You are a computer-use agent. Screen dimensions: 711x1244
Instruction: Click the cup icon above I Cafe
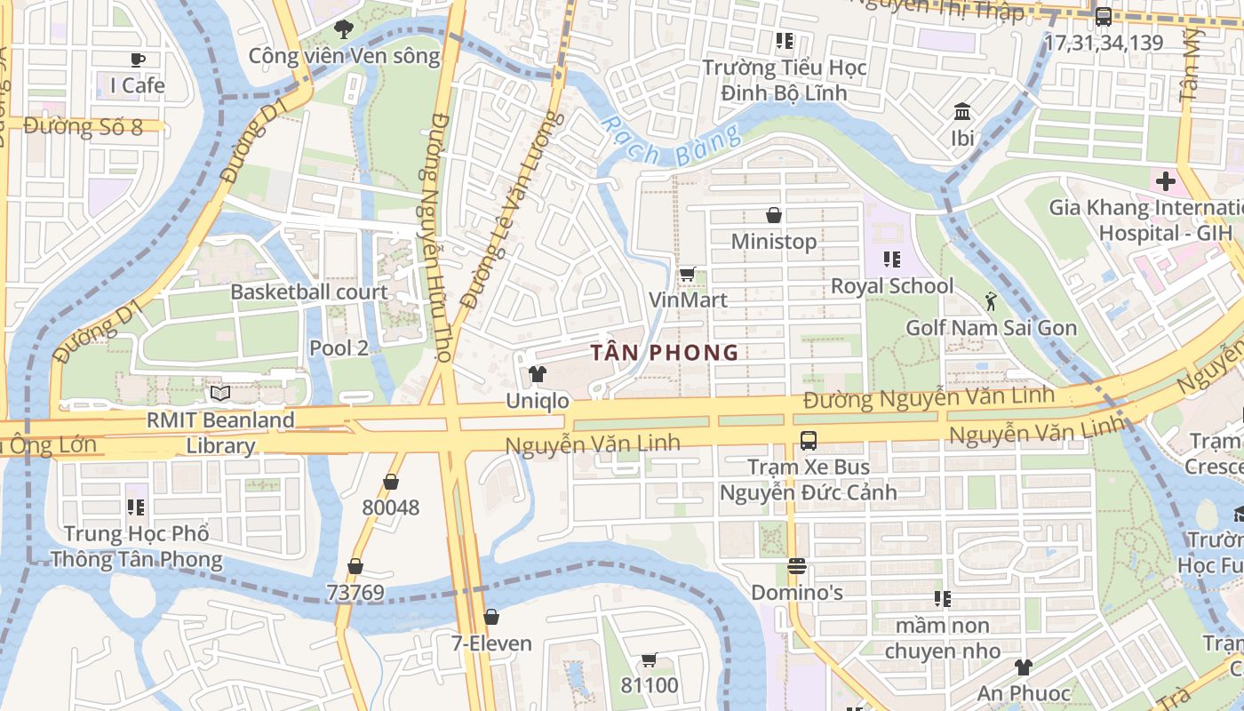point(137,60)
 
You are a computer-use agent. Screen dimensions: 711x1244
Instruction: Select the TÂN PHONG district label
point(666,352)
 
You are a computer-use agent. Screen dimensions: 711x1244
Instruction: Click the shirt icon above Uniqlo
point(537,374)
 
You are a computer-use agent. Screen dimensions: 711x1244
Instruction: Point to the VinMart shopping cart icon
point(686,275)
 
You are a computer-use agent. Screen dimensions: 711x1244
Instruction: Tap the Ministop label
point(773,241)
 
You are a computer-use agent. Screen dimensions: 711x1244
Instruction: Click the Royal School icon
point(892,260)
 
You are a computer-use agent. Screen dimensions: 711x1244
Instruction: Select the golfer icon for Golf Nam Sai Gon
point(991,302)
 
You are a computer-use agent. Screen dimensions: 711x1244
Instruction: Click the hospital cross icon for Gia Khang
point(1166,182)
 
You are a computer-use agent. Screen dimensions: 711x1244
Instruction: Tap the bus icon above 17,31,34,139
point(1103,16)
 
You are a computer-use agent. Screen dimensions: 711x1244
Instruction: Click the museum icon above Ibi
point(961,112)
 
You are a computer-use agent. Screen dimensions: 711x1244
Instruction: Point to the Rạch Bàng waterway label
point(671,142)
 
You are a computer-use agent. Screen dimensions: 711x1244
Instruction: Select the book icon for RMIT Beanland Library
point(219,393)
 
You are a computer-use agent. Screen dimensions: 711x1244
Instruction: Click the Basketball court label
point(309,292)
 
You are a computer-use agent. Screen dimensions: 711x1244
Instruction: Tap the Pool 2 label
point(339,348)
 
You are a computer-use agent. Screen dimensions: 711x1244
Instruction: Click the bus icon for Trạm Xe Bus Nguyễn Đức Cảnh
point(808,440)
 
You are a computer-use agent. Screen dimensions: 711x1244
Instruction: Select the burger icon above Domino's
point(796,566)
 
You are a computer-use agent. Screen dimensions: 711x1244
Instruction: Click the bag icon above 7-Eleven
point(490,617)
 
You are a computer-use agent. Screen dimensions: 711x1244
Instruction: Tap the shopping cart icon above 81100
point(649,659)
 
